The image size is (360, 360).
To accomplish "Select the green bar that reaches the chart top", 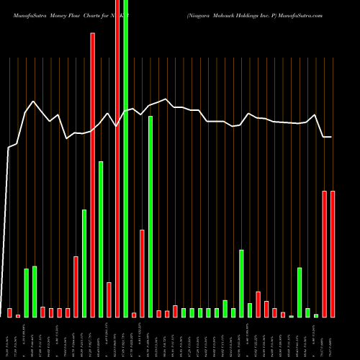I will [x=126, y=158].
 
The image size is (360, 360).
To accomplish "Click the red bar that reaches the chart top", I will [x=117, y=158].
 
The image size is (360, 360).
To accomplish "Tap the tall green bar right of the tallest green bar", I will [x=150, y=216].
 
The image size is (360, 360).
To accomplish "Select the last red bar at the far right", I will [x=333, y=253].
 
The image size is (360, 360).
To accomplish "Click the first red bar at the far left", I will [x=9, y=312].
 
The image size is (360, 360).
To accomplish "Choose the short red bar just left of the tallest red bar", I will [x=109, y=300].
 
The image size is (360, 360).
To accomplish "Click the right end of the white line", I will [x=332, y=137].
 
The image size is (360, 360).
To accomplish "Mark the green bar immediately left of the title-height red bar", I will [x=84, y=263].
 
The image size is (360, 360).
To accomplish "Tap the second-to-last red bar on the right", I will [x=325, y=253].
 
